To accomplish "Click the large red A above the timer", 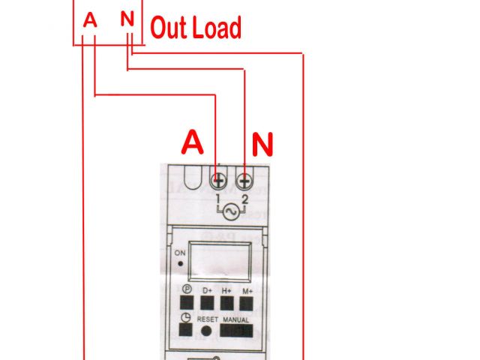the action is point(193,142).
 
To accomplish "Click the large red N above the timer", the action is point(262,143).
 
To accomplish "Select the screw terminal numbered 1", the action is point(219,181).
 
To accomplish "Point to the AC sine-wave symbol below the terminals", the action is point(231,212).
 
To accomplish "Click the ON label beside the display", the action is point(180,253).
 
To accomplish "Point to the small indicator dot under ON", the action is point(181,265).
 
